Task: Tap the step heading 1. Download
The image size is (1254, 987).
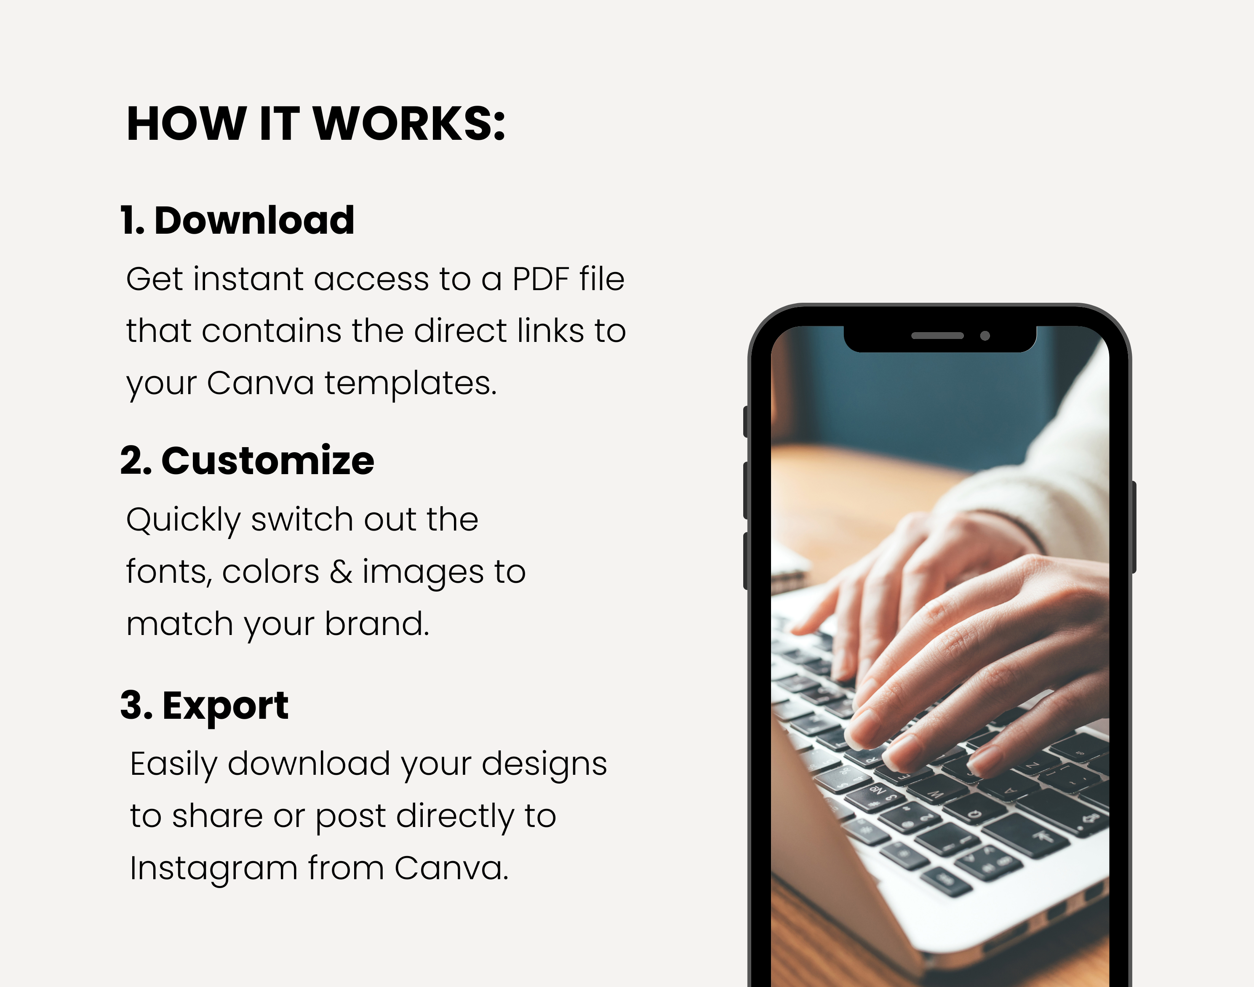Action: (x=237, y=220)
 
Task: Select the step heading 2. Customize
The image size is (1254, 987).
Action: (x=247, y=461)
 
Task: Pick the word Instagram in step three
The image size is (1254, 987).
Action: (x=213, y=869)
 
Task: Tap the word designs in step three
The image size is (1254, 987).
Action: (x=544, y=765)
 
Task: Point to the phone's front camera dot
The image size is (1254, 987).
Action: (x=985, y=336)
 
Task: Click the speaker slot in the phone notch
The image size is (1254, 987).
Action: (x=937, y=336)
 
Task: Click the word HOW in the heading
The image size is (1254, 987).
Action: (x=186, y=124)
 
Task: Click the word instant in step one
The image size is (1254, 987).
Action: (x=248, y=279)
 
